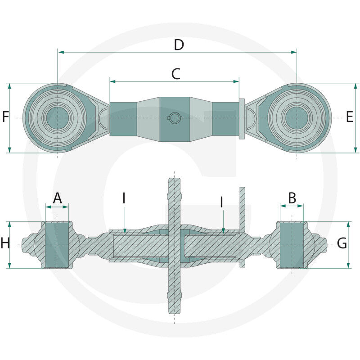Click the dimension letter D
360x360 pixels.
(179, 45)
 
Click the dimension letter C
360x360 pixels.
(175, 74)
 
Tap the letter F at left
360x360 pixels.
(5, 117)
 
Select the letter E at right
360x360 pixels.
(350, 117)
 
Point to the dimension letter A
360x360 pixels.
(57, 198)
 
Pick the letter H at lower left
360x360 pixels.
(5, 244)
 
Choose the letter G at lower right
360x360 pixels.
(342, 244)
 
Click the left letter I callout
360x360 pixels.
(124, 199)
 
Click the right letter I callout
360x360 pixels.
(221, 202)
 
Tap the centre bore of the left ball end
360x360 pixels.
(58, 118)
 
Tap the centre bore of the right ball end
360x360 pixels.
(297, 118)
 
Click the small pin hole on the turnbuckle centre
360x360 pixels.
(174, 118)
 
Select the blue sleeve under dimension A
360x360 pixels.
(57, 245)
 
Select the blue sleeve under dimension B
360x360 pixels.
(292, 245)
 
